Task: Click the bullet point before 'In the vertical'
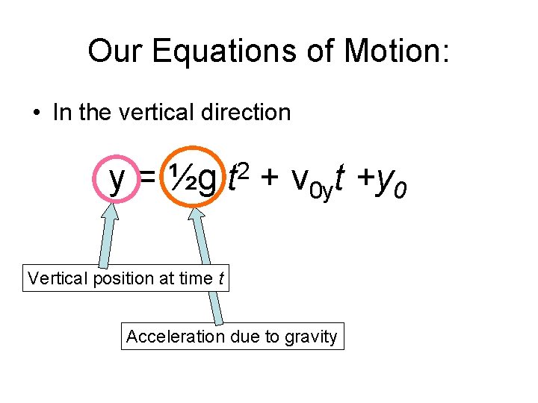pyautogui.click(x=36, y=113)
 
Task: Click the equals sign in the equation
pyautogui.click(x=148, y=180)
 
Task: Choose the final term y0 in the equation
pyautogui.click(x=392, y=181)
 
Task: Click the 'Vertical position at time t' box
pyautogui.click(x=126, y=278)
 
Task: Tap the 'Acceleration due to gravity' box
pyautogui.click(x=232, y=337)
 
